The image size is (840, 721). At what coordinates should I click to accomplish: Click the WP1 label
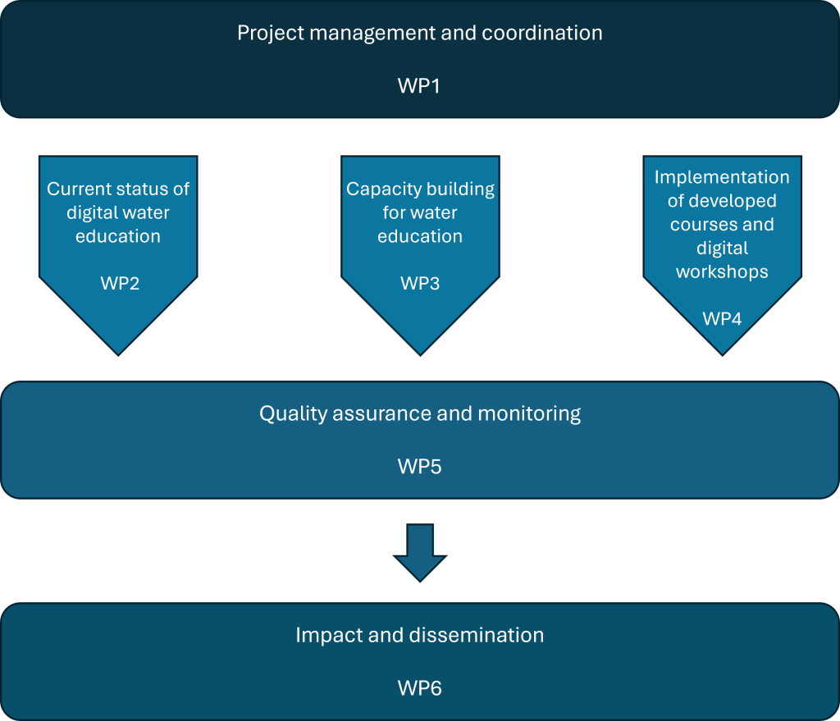point(419,85)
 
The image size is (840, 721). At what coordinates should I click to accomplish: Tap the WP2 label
point(120,284)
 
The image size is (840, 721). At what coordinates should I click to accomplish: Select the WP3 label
point(420,284)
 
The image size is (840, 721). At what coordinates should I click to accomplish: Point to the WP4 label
point(722,319)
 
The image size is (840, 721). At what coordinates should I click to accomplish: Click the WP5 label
point(419,467)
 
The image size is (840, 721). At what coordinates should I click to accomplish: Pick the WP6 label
point(419,688)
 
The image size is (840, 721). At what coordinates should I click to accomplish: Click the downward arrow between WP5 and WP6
point(420,552)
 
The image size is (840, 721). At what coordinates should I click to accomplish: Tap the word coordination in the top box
point(542,34)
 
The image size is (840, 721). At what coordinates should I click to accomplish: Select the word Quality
point(292,413)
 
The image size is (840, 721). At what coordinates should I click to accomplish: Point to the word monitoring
point(528,413)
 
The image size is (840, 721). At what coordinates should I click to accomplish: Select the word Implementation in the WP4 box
point(722,177)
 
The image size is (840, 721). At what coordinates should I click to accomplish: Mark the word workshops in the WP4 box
point(722,272)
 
